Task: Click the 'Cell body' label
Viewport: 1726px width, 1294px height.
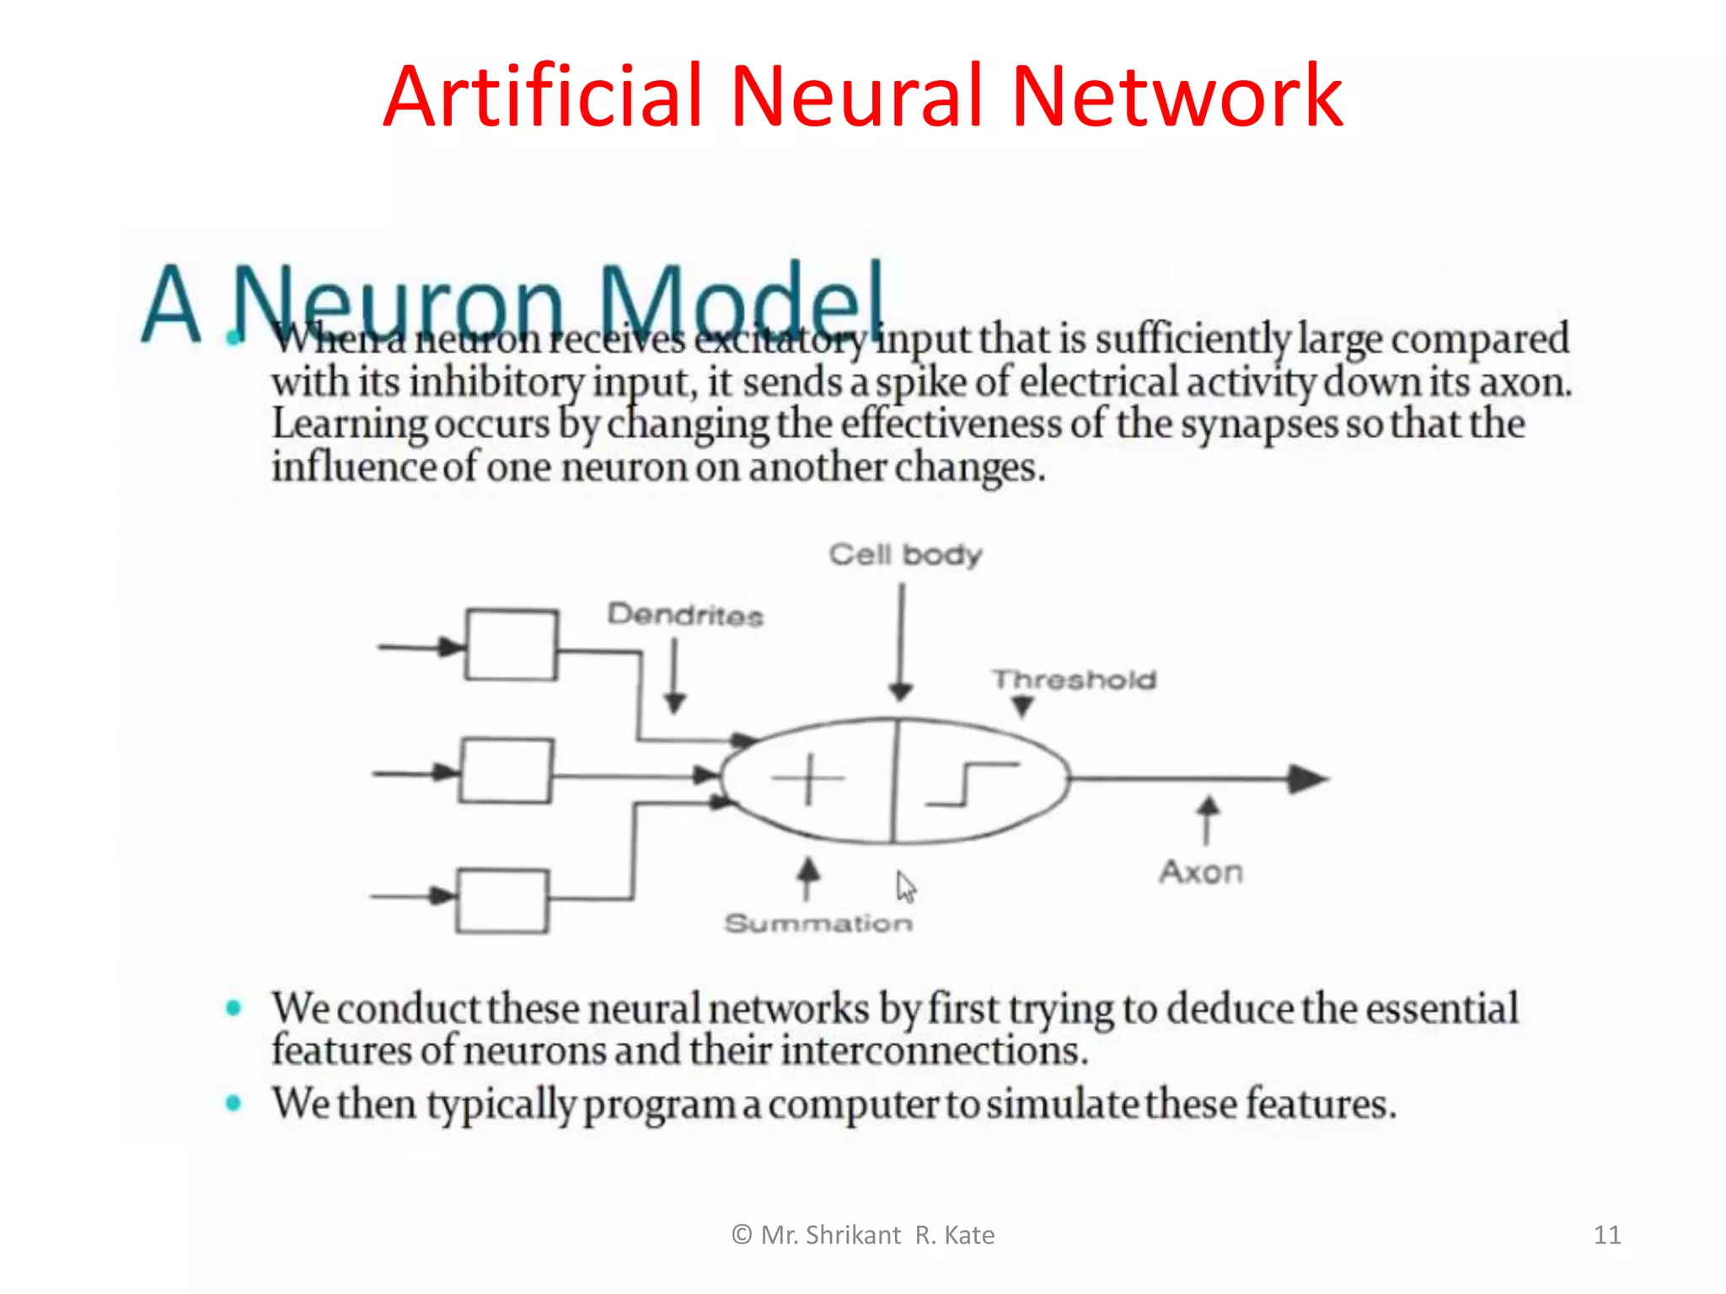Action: [905, 555]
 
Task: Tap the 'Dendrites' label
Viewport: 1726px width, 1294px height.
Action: [685, 615]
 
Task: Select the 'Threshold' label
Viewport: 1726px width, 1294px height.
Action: [1074, 680]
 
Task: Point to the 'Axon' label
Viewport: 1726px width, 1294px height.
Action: [1201, 872]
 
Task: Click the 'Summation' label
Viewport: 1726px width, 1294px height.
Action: [818, 923]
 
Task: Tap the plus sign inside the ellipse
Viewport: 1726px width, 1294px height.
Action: [807, 779]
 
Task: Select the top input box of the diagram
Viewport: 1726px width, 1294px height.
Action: [512, 644]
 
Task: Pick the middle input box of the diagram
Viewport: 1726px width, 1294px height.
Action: [507, 771]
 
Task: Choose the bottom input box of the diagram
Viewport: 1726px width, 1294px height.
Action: [503, 901]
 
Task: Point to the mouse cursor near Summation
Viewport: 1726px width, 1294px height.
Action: [905, 887]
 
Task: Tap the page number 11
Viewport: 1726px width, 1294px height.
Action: [1606, 1235]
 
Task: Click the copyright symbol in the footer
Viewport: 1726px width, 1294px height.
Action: [742, 1235]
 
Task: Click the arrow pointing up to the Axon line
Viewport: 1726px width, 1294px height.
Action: [1208, 820]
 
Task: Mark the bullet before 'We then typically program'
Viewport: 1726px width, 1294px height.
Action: [234, 1103]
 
